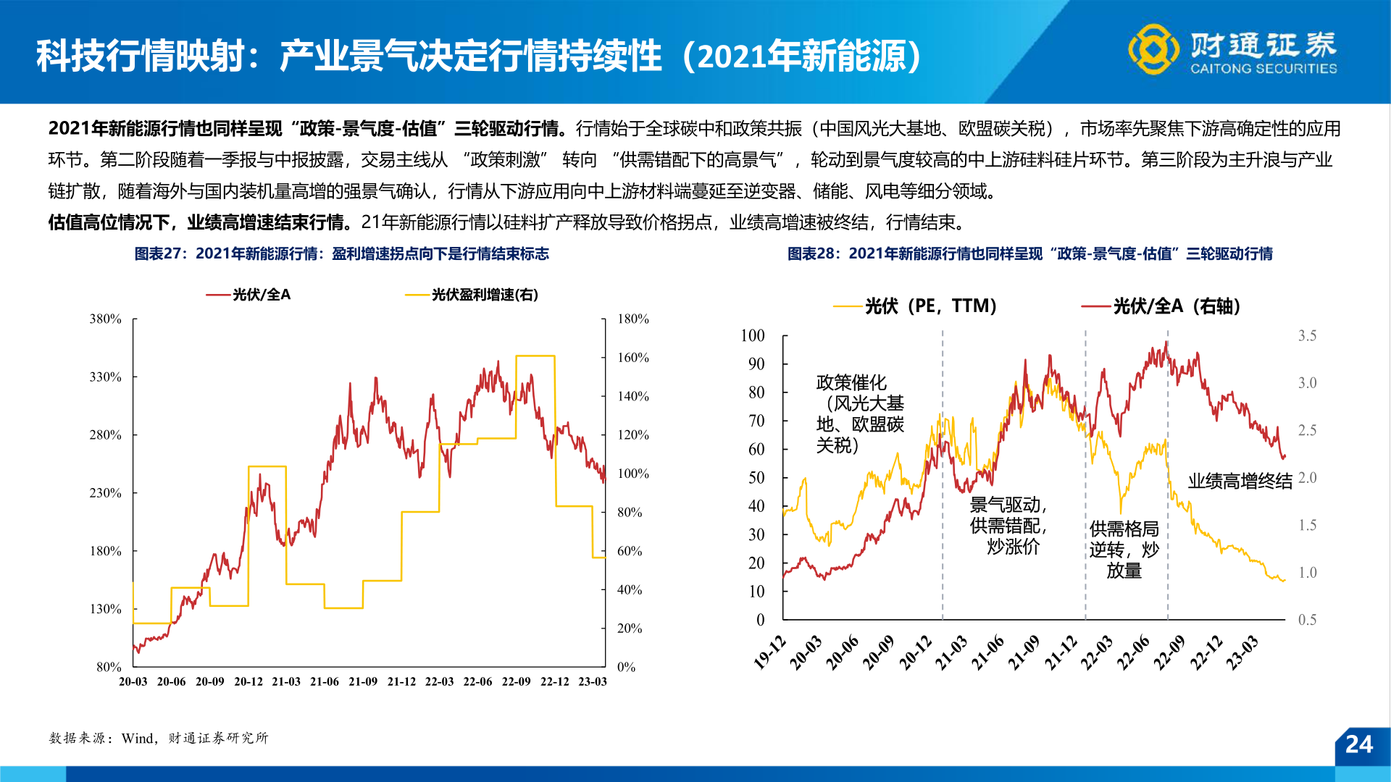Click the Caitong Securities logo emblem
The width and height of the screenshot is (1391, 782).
(1153, 49)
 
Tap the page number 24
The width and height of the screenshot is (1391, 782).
(1358, 744)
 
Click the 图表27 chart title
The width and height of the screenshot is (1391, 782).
(341, 253)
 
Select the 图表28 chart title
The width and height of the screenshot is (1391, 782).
(1029, 253)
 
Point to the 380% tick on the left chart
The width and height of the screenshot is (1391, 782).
(105, 319)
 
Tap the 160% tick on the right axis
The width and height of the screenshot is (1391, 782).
(632, 358)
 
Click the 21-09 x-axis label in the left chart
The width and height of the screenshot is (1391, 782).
(362, 681)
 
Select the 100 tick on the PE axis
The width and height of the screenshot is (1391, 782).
(753, 336)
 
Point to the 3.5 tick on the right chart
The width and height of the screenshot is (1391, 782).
(1307, 336)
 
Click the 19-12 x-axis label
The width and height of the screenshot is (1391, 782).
(769, 652)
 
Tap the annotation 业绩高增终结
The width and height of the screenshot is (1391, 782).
(1240, 482)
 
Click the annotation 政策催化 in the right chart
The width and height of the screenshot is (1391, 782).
(851, 382)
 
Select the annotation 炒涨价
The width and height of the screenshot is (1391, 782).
(1013, 547)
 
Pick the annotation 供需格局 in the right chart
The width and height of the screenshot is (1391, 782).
(1124, 529)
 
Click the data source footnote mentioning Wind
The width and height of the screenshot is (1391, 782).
(159, 738)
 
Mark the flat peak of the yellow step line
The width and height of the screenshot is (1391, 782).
(535, 356)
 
